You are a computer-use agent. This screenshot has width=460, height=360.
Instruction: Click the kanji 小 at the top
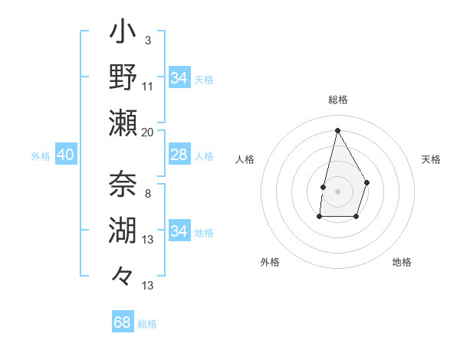pos(123,35)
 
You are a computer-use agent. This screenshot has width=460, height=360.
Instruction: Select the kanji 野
pos(123,78)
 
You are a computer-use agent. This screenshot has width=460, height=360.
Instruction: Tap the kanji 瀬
pos(123,123)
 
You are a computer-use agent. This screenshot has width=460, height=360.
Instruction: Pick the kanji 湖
pos(123,229)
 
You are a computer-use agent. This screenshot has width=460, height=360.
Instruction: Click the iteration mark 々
pos(123,274)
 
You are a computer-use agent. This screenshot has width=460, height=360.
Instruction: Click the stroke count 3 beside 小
pos(147,40)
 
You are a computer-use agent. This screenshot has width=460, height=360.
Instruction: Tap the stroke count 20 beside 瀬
pos(148,132)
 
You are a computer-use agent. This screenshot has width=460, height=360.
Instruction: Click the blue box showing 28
pos(179,155)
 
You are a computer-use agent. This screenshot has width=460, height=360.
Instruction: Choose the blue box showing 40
pos(66,155)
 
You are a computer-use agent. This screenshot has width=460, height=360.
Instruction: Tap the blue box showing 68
pos(123,322)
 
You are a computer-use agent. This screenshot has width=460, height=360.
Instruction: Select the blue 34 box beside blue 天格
pos(179,78)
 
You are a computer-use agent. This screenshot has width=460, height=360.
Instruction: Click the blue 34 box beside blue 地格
pos(179,231)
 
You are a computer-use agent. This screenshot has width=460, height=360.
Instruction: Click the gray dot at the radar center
pos(337,191)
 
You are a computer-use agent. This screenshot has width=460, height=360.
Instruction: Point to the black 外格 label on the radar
pos(270,262)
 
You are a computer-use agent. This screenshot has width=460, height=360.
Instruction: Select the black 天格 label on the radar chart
pos(431,159)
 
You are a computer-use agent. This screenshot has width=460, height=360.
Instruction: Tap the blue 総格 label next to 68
pos(147,324)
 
